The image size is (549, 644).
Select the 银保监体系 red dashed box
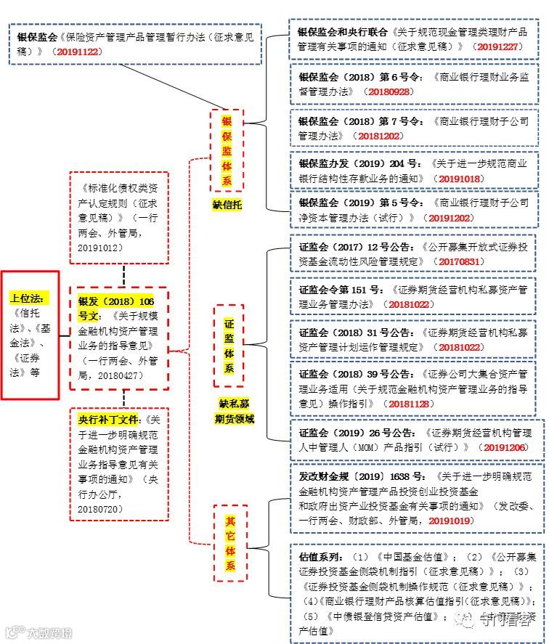tap(227, 151)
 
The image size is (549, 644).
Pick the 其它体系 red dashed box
tap(229, 542)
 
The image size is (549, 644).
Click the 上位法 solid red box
tap(30, 335)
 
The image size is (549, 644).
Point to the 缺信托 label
tap(227, 205)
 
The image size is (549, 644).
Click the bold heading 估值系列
tap(320, 557)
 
